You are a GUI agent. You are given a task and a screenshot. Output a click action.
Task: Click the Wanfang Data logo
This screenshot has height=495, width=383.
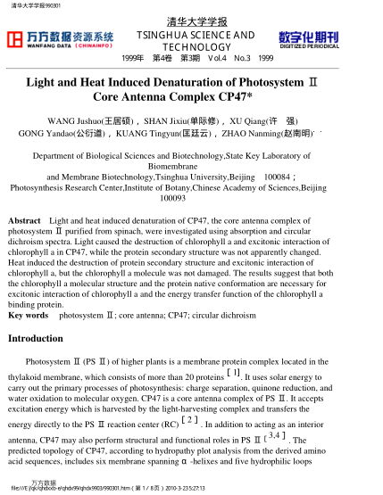coord(61,38)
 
